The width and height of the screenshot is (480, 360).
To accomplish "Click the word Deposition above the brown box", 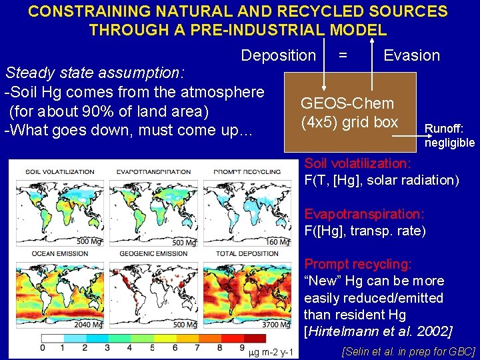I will pyautogui.click(x=278, y=55).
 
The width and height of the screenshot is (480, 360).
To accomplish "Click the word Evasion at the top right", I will pyautogui.click(x=411, y=55).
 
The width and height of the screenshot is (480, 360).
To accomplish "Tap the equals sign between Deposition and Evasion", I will pyautogui.click(x=342, y=55).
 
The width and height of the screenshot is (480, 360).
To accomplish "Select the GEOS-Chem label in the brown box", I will pyautogui.click(x=347, y=103).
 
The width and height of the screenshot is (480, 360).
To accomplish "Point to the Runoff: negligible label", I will pyautogui.click(x=449, y=135).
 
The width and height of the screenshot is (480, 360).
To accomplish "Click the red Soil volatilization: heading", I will pyautogui.click(x=357, y=163).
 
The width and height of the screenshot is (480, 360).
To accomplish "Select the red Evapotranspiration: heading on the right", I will pyautogui.click(x=364, y=214).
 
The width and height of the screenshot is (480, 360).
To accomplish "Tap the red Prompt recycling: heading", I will pyautogui.click(x=358, y=265).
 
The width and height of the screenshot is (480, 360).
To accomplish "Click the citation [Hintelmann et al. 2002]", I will pyautogui.click(x=377, y=331).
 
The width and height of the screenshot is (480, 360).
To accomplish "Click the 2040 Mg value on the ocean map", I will pyautogui.click(x=89, y=325).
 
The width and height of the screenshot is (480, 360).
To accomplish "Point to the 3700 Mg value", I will pyautogui.click(x=276, y=325).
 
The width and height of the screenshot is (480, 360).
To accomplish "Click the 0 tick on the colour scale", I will pyautogui.click(x=43, y=348).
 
